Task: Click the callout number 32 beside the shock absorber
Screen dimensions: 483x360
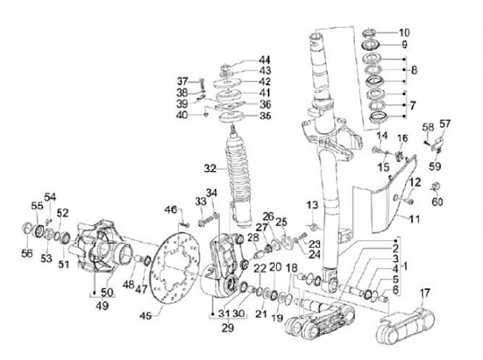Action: click(210, 169)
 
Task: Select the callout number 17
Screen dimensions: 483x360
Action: click(425, 293)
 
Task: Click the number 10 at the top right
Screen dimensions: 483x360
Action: click(404, 32)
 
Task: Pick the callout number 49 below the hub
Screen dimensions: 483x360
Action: click(102, 306)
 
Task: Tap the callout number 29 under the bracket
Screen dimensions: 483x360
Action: click(227, 328)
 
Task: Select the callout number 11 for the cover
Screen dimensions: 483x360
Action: click(415, 219)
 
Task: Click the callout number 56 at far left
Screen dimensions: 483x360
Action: click(27, 253)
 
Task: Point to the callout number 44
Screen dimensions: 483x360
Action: click(264, 60)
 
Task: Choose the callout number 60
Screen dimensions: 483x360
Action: click(437, 202)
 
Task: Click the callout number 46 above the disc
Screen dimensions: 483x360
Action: click(170, 210)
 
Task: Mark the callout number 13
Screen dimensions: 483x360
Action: click(312, 204)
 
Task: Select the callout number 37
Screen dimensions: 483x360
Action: click(182, 82)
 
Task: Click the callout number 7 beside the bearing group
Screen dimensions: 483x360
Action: click(413, 106)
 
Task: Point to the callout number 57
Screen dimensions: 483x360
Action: click(445, 123)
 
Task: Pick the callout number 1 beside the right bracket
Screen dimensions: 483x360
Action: click(406, 266)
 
